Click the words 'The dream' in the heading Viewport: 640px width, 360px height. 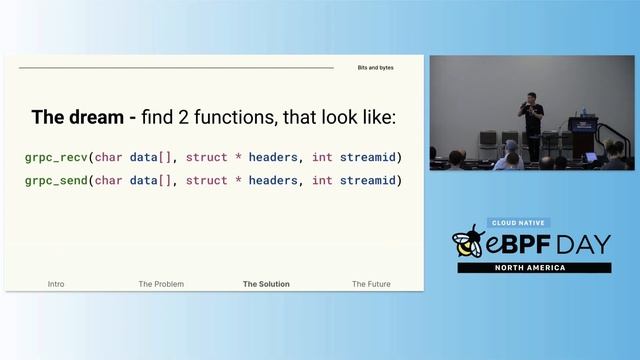click(77, 117)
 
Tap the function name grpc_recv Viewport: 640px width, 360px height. click(56, 157)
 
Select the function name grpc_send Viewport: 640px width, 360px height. click(56, 180)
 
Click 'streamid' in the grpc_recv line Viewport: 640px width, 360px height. click(370, 157)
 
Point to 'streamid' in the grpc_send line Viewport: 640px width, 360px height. click(370, 180)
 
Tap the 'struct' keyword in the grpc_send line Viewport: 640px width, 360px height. click(207, 180)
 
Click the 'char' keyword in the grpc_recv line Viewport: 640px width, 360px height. click(108, 157)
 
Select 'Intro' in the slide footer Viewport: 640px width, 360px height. click(56, 284)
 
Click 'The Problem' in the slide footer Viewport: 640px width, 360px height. click(161, 284)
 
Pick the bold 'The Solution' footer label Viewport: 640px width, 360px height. click(266, 284)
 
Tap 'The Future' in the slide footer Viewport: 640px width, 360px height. click(371, 284)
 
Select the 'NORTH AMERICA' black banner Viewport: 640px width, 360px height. click(534, 268)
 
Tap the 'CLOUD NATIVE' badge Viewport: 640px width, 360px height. click(520, 223)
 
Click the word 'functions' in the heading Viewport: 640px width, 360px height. click(219, 117)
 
